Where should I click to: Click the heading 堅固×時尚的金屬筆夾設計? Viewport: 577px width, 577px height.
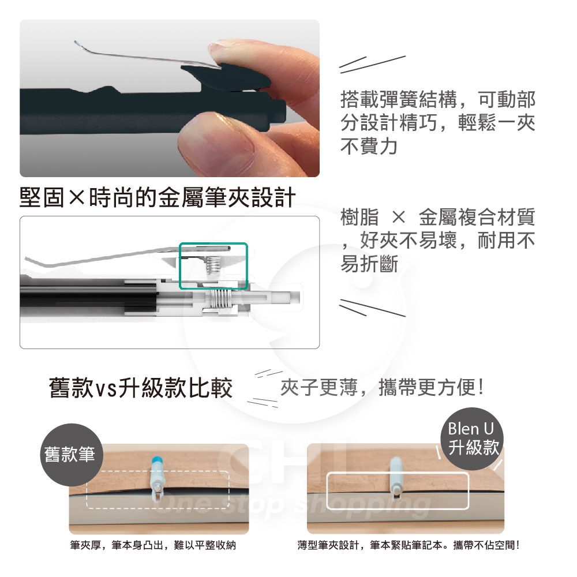(x=158, y=197)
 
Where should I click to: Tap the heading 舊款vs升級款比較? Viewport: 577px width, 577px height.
(x=141, y=388)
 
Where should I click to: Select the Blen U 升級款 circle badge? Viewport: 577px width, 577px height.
(x=472, y=439)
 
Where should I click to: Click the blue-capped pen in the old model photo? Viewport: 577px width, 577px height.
(x=157, y=478)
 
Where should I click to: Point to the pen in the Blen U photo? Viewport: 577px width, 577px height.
(x=396, y=477)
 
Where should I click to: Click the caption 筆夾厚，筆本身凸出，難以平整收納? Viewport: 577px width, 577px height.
(x=153, y=545)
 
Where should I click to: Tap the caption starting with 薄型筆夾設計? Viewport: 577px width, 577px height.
(x=409, y=545)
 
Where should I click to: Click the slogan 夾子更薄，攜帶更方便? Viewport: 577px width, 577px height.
(x=383, y=388)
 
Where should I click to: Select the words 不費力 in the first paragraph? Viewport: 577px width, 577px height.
(x=369, y=147)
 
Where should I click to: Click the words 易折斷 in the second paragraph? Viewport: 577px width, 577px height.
(x=369, y=264)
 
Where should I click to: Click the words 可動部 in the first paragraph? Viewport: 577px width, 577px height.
(x=507, y=99)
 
